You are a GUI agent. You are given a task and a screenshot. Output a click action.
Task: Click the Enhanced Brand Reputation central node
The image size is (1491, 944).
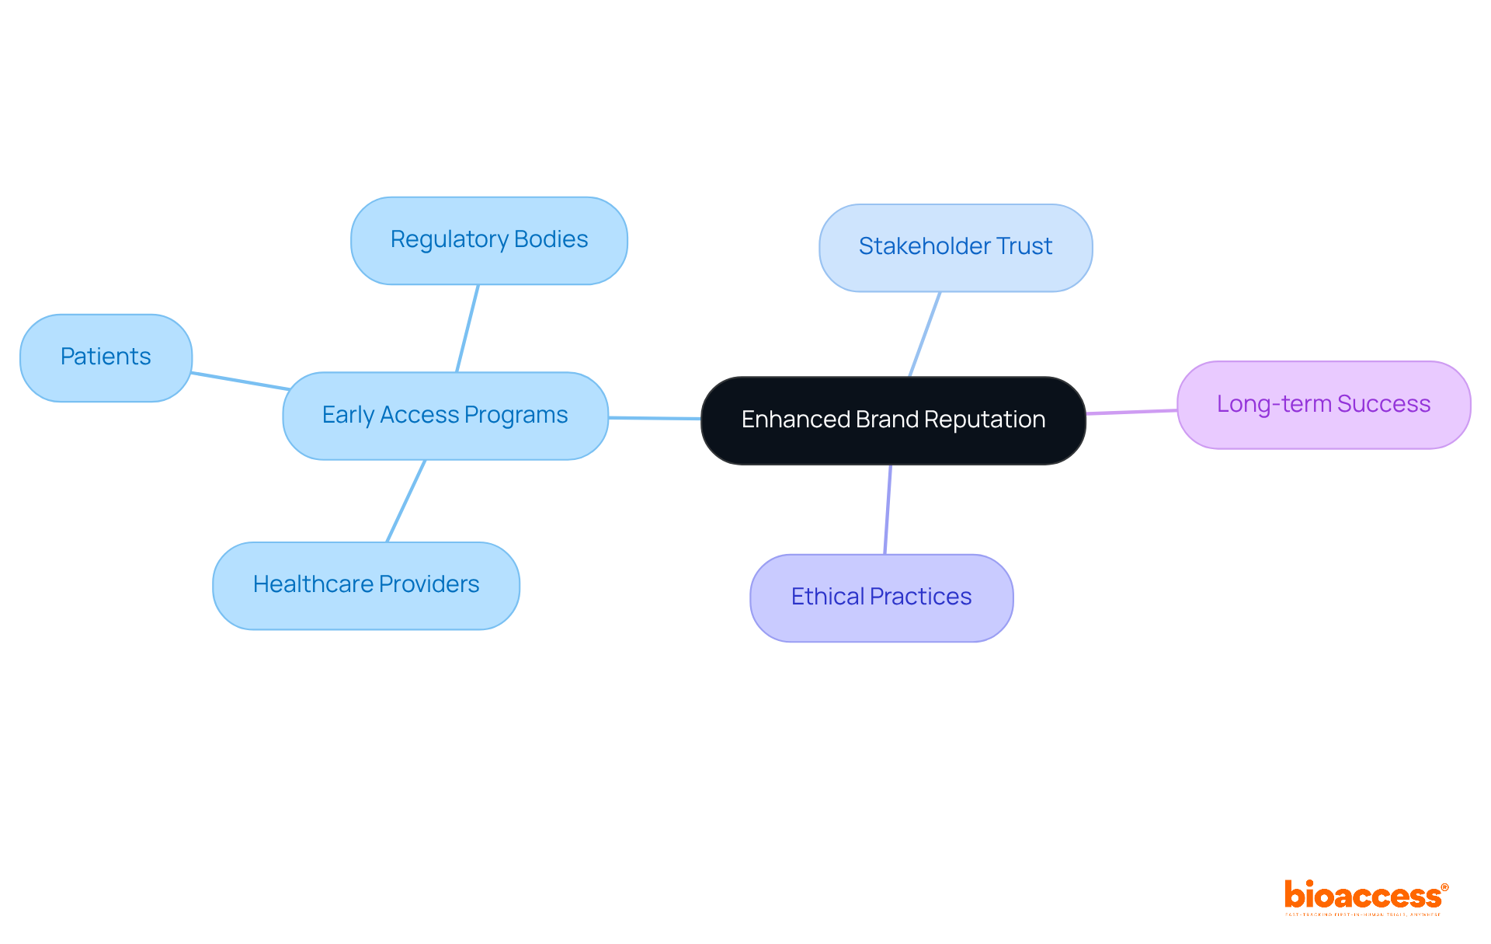893,420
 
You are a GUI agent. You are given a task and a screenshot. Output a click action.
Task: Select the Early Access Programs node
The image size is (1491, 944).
445,416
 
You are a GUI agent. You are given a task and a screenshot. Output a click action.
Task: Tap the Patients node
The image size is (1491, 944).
106,357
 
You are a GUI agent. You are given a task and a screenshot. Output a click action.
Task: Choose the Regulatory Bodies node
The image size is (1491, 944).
488,240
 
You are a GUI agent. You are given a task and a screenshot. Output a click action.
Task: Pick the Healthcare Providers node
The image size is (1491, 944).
366,585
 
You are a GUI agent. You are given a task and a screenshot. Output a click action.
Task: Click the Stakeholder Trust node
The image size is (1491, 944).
955,247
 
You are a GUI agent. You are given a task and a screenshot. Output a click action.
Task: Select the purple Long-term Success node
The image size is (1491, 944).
1323,404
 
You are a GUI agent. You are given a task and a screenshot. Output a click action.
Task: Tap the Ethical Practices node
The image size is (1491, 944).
881,597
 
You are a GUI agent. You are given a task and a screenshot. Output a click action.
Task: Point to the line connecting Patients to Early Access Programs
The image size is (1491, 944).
240,381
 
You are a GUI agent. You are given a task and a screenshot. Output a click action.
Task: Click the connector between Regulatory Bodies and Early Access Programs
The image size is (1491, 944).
467,328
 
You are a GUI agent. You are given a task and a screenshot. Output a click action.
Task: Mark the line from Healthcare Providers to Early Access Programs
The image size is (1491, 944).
406,500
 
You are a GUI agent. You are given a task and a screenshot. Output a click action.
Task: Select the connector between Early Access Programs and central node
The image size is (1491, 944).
655,418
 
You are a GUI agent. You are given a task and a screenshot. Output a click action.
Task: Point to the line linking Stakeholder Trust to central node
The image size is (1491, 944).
925,334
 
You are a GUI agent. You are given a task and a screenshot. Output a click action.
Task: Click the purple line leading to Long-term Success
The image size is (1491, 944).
1131,412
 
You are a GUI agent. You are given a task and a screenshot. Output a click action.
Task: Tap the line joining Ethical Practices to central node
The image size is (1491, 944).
888,509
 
